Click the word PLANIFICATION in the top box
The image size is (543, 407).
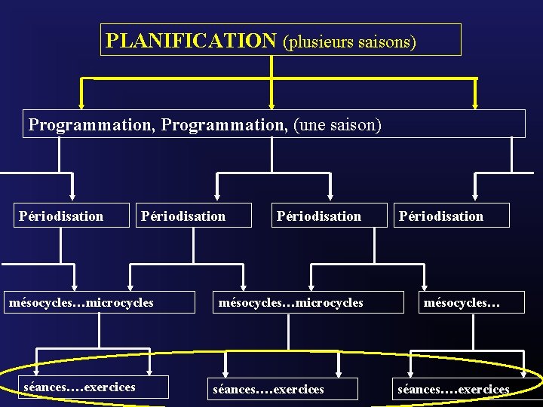(192, 40)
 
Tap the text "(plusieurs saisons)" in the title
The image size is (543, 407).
(348, 41)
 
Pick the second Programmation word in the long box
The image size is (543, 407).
(227, 124)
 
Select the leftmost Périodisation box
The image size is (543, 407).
(62, 216)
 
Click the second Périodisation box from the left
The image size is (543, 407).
(183, 216)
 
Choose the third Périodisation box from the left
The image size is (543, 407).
(319, 216)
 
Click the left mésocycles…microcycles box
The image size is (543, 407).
(81, 303)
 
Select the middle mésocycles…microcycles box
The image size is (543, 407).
(291, 303)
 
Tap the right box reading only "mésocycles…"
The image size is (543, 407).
(462, 303)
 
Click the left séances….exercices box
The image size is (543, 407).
(80, 387)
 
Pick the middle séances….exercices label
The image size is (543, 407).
(268, 390)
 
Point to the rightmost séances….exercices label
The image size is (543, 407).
(453, 390)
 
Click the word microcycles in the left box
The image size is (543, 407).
(120, 303)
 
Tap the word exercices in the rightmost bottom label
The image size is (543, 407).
(484, 390)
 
